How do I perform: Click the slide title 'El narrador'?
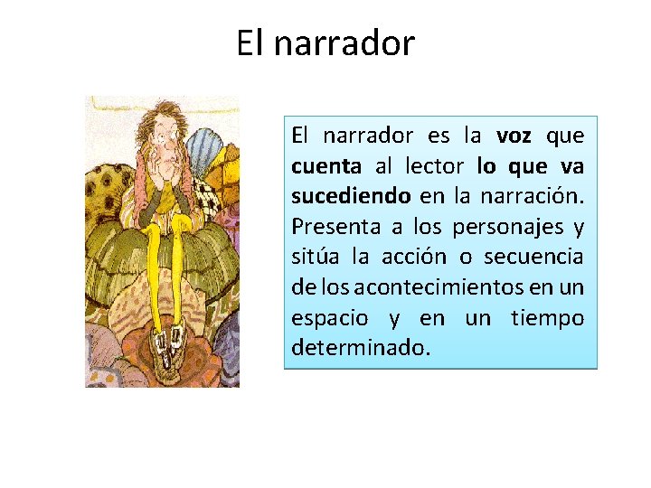[x=325, y=42]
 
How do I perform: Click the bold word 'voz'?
[x=514, y=136]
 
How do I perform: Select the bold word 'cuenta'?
[x=326, y=166]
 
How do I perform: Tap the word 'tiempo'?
[x=547, y=317]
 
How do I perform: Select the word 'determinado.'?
[x=356, y=347]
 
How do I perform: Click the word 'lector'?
[x=435, y=166]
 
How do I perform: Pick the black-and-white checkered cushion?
[x=207, y=195]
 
